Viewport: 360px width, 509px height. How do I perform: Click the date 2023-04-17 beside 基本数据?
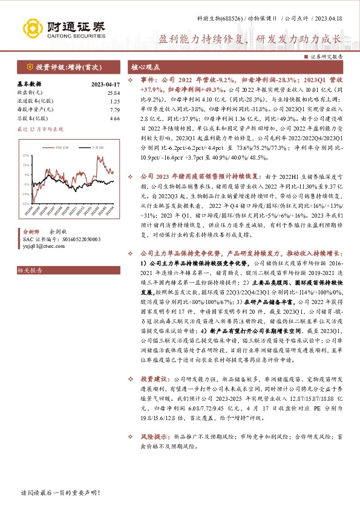point(105,84)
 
